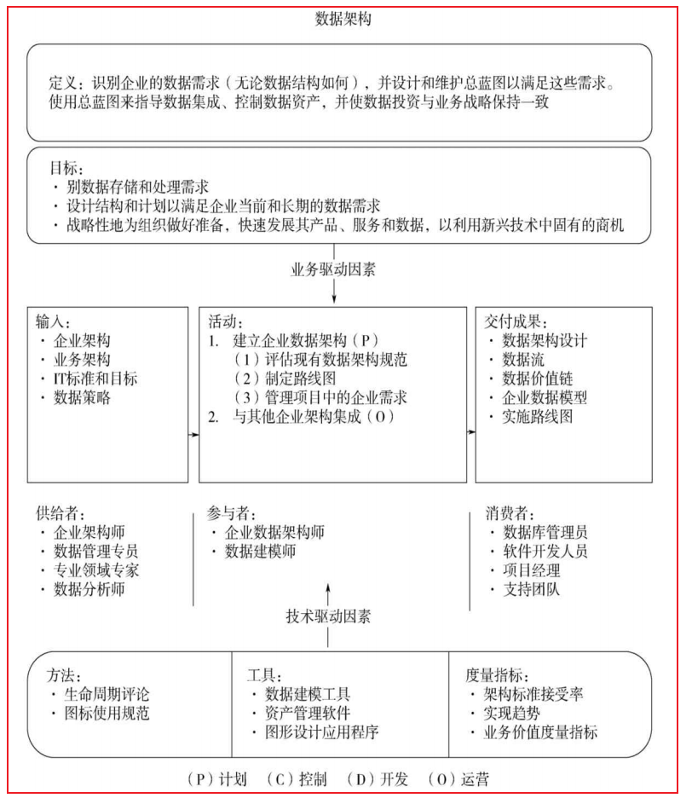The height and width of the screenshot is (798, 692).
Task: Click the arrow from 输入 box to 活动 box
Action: coord(193,435)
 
